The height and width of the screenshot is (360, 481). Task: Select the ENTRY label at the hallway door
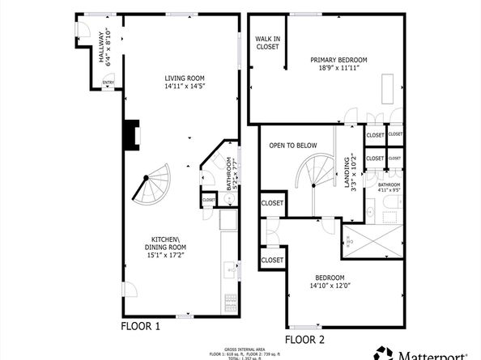pyautogui.click(x=108, y=82)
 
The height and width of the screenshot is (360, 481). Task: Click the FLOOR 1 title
pyautogui.click(x=141, y=327)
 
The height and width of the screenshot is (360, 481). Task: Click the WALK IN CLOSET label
pyautogui.click(x=267, y=43)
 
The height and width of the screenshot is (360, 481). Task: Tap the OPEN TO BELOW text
pyautogui.click(x=293, y=146)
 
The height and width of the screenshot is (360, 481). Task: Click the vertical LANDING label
pyautogui.click(x=346, y=172)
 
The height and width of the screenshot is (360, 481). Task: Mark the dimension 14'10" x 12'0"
pyautogui.click(x=330, y=284)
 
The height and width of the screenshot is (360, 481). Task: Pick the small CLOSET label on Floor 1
pyautogui.click(x=209, y=200)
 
